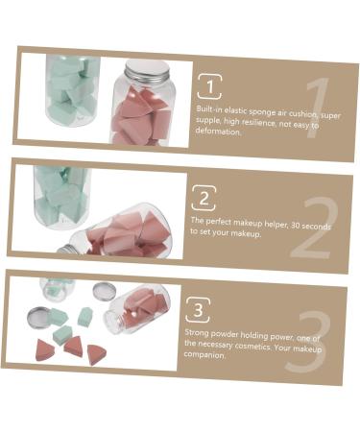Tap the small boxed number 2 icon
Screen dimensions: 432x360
(204, 198)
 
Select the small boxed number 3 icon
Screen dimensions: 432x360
(197, 308)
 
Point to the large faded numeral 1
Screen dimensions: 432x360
(321, 112)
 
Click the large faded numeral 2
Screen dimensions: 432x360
(311, 231)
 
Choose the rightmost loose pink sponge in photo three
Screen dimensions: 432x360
(97, 353)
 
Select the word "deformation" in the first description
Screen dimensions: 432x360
(217, 132)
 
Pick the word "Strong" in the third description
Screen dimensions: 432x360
(195, 332)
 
